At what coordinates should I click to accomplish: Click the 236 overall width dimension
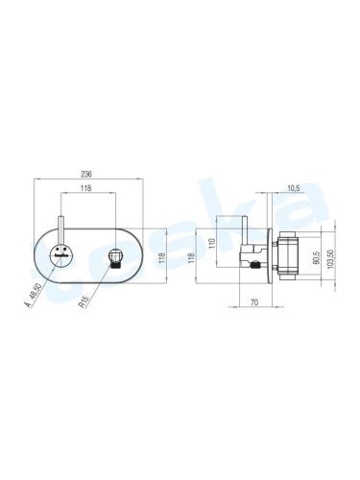point(88,173)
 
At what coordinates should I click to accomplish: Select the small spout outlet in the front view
point(116,257)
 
